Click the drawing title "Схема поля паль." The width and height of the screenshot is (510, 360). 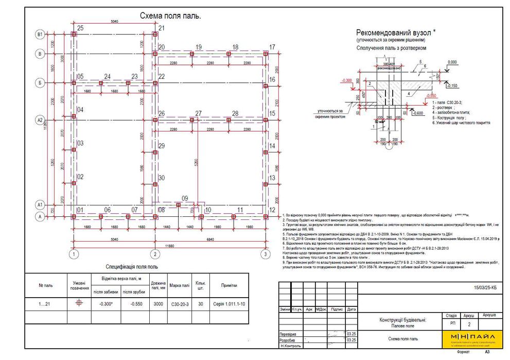point(170,16)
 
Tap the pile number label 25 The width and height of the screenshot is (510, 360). point(80,27)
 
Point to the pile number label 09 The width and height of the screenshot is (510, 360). point(185,198)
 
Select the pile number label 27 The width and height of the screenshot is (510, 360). point(198,113)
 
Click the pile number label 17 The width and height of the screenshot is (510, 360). point(272,47)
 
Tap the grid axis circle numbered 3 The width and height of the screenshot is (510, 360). point(265,254)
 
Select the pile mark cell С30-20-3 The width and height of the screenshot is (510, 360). point(180,304)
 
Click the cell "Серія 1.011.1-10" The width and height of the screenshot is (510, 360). point(228,304)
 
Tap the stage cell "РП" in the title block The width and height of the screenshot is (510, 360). point(452,324)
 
